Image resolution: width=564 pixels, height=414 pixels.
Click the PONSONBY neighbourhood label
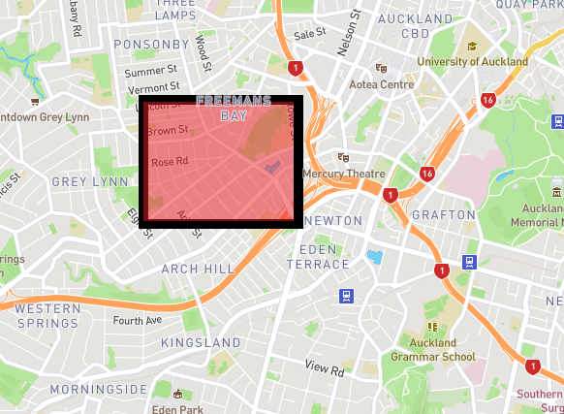(x=151, y=45)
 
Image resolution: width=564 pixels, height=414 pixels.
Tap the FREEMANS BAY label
(x=233, y=108)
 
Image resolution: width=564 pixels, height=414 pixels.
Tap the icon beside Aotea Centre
(x=382, y=69)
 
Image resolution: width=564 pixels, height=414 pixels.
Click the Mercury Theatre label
(x=343, y=175)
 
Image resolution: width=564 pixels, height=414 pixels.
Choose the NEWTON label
(x=332, y=221)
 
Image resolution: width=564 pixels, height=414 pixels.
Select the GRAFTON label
(x=443, y=214)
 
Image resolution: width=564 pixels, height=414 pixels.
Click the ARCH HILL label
(x=198, y=268)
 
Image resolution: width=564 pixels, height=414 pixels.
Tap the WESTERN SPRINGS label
(x=47, y=315)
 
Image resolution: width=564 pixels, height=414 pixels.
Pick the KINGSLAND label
(x=201, y=343)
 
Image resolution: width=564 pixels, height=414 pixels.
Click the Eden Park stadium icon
(x=177, y=394)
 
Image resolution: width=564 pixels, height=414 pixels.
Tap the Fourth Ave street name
(x=137, y=320)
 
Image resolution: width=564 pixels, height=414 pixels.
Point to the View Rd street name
(x=325, y=368)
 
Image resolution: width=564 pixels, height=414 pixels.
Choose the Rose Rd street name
(x=169, y=162)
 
